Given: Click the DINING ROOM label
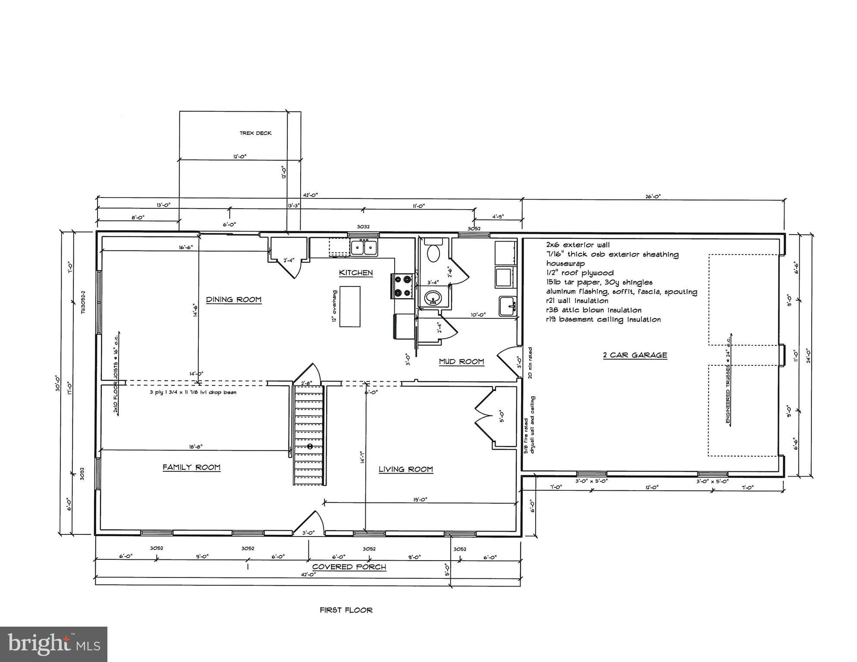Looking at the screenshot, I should [233, 299].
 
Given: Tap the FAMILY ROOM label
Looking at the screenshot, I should [191, 467].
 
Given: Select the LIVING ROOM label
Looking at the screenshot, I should [405, 469].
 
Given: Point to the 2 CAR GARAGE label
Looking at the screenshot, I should [635, 355].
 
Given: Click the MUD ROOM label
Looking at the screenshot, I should [461, 361].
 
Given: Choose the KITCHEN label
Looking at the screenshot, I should [355, 273].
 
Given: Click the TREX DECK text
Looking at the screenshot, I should [255, 133].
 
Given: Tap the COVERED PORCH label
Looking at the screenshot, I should [349, 567].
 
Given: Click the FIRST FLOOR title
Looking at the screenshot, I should [346, 610].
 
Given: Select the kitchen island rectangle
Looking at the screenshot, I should [350, 306].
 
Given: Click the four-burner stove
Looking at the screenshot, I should [402, 286].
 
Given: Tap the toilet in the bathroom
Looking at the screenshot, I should [432, 253].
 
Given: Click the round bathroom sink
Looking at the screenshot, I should [433, 298].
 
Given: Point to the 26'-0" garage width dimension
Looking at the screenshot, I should [653, 196].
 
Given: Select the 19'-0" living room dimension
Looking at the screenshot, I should [420, 499].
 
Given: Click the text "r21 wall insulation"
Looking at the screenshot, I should [577, 301].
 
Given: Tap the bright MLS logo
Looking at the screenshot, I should [53, 644].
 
